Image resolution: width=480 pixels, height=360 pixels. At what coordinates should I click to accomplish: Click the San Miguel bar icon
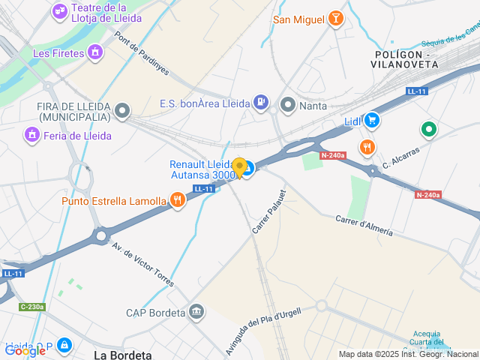[x=335, y=19]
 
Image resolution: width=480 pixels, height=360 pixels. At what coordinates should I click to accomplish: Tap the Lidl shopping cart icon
[x=372, y=120]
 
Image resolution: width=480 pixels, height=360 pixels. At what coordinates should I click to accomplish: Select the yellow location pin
[x=240, y=168]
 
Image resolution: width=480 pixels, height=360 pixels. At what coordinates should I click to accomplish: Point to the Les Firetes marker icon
[x=94, y=52]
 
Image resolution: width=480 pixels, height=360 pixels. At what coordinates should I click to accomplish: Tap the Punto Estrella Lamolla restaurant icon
[x=178, y=200]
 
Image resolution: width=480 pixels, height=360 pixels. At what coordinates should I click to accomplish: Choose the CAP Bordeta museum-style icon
[x=196, y=311]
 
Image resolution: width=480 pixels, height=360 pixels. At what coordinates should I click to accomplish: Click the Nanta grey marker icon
[x=288, y=105]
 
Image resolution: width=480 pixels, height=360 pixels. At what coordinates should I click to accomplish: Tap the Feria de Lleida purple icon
[x=31, y=135]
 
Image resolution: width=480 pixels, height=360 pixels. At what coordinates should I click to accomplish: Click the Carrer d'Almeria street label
[x=364, y=225]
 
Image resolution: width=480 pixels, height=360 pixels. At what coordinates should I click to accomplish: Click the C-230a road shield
[x=32, y=306]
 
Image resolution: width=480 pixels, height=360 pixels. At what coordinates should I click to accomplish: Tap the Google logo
[x=25, y=350]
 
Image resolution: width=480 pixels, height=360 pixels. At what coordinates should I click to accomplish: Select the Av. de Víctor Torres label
[x=142, y=264]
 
